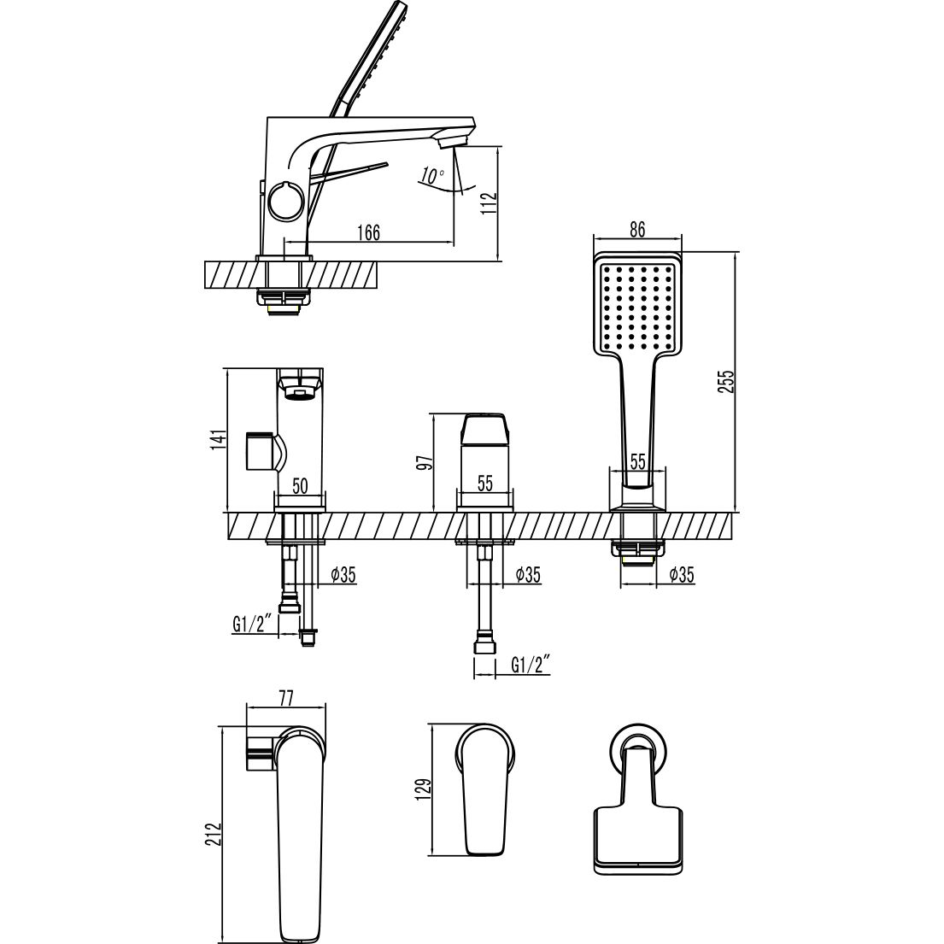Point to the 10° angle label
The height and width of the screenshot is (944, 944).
[432, 177]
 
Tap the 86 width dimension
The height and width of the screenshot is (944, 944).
[636, 229]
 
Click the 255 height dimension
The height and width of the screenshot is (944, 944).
[727, 380]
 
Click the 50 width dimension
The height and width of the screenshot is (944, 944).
[300, 486]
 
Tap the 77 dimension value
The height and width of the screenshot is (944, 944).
[286, 699]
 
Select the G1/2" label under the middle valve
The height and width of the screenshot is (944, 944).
[530, 664]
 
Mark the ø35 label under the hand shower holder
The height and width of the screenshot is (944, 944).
[681, 575]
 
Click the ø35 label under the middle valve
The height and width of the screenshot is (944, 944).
[527, 575]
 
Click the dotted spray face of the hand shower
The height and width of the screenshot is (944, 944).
[637, 307]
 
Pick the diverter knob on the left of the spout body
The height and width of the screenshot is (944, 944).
[259, 451]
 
